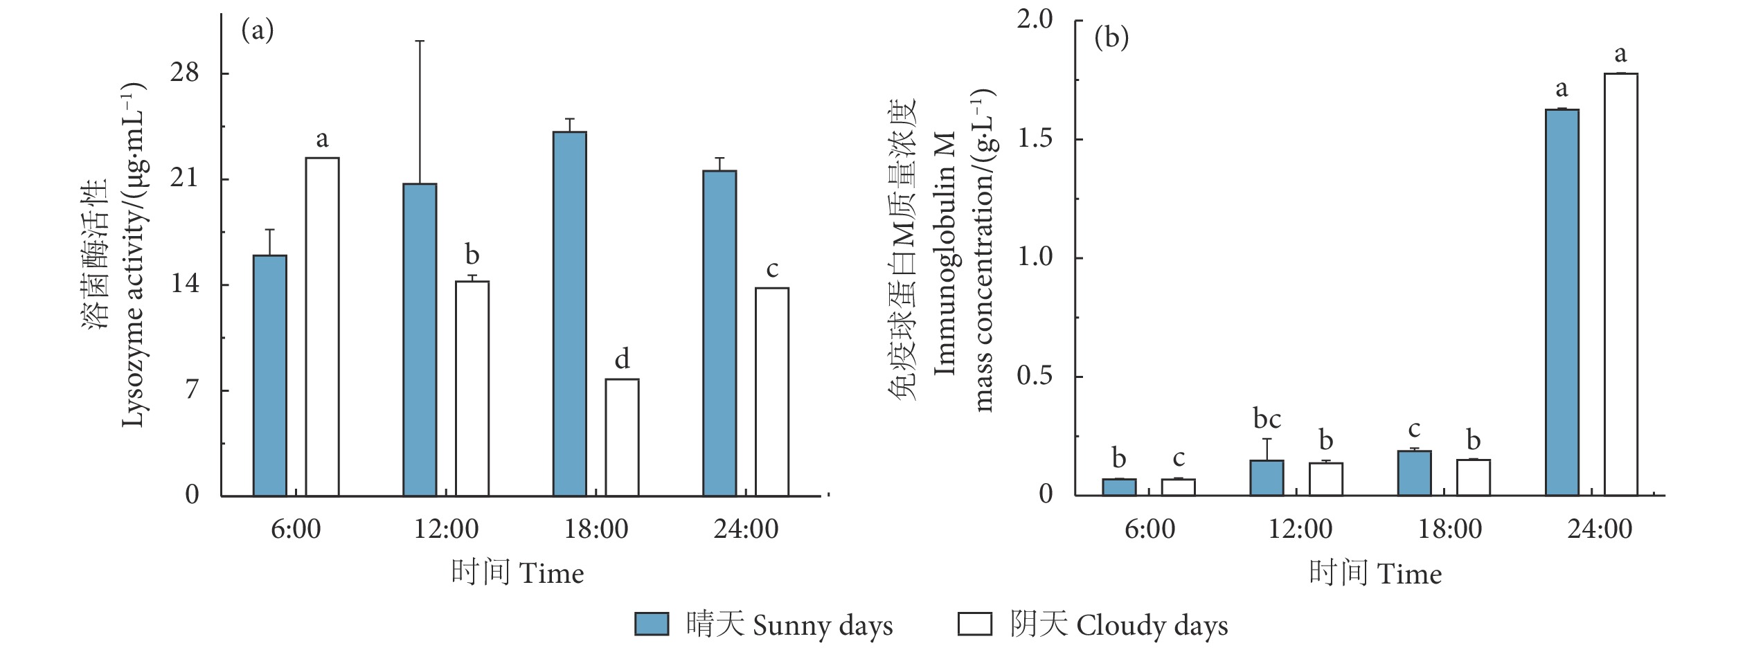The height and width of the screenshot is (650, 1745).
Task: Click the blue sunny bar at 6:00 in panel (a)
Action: pos(270,375)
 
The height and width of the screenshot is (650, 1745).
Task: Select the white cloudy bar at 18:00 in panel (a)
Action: pos(622,437)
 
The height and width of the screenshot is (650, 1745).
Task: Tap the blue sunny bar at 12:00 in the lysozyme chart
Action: pos(420,339)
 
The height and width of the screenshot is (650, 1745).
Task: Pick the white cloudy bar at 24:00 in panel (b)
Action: pos(1620,284)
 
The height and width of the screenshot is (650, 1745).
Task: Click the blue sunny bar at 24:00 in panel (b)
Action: pos(1561,302)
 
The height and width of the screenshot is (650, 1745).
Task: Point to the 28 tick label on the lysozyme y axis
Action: pos(185,73)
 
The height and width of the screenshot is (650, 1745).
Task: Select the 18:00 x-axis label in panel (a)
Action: pos(596,530)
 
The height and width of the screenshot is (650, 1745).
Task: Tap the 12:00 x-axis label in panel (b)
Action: pos(1300,530)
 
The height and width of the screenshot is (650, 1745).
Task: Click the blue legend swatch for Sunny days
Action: pos(652,624)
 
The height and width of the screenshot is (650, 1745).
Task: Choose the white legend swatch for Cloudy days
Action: pos(975,624)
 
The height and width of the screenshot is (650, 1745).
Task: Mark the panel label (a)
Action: pos(258,31)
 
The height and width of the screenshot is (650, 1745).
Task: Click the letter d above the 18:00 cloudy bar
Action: pos(622,359)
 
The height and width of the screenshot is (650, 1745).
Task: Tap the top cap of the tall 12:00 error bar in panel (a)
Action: pos(420,41)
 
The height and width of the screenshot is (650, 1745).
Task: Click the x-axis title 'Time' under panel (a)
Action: pos(551,574)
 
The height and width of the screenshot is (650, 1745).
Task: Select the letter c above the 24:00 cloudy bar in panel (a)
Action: pos(772,269)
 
